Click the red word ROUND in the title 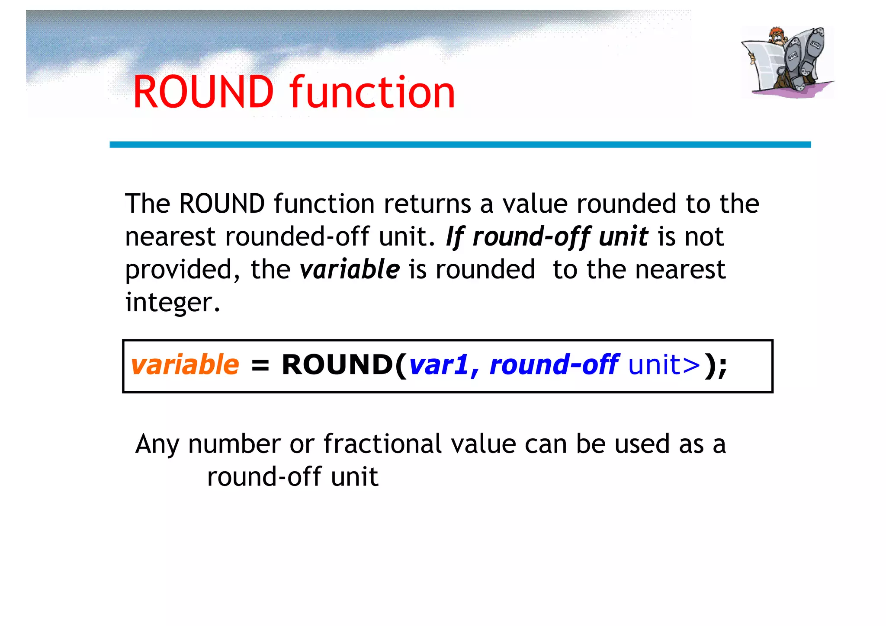pos(203,92)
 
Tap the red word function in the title pos(372,92)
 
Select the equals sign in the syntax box pos(260,365)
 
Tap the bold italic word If pos(455,237)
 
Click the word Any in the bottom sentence pos(157,444)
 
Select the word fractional pos(382,444)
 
